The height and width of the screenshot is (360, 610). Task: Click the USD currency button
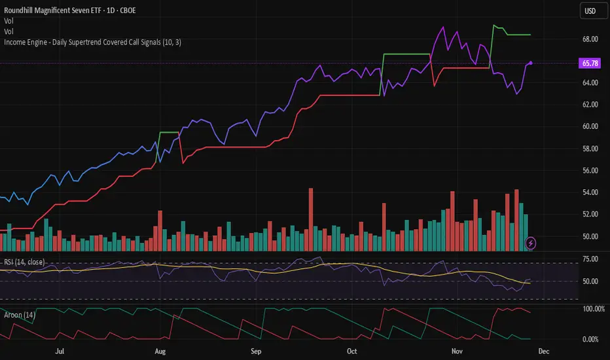pos(590,11)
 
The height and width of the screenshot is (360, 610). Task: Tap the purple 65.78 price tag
pos(584,63)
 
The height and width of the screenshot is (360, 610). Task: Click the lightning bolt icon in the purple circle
pos(531,243)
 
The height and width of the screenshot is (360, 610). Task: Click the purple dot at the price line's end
pos(530,63)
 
